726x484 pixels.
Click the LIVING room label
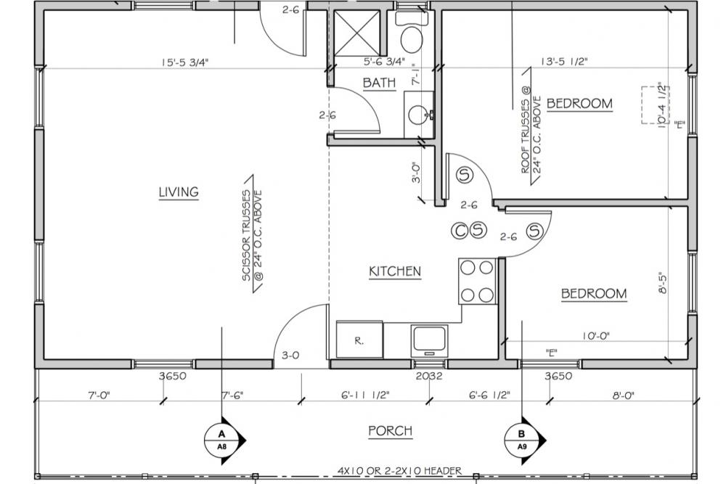179,192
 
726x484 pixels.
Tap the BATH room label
379,83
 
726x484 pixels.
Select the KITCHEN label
395,271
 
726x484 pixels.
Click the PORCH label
390,431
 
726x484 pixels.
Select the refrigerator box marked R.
359,340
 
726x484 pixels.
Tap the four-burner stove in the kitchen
476,281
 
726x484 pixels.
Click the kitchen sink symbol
430,340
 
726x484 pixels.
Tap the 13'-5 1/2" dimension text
563,62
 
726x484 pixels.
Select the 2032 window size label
430,376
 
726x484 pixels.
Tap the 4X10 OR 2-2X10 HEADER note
400,471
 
